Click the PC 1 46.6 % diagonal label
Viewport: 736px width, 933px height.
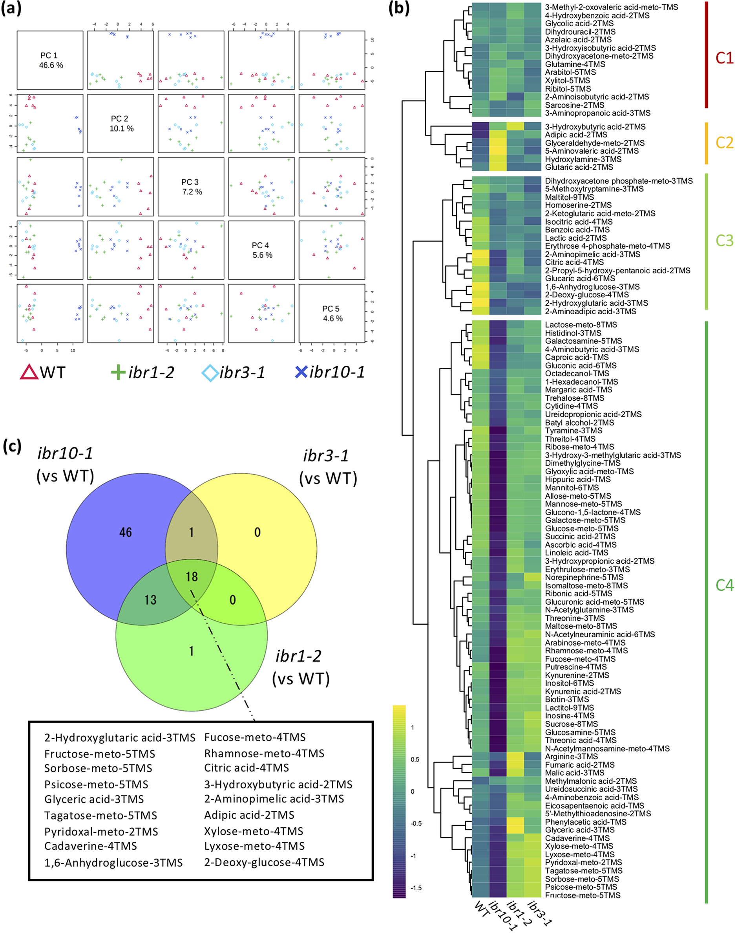50,60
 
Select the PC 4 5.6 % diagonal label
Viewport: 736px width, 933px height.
262,250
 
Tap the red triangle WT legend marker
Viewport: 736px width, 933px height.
29,372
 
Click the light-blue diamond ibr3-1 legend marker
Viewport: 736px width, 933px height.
210,373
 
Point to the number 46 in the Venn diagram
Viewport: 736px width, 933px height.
125,532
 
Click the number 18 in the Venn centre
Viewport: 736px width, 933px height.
191,576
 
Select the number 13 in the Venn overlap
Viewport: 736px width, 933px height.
150,600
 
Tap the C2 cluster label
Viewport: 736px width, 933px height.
724,143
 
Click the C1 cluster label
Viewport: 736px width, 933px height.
724,58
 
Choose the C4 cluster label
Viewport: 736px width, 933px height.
724,585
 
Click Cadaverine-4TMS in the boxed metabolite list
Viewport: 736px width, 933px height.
91,846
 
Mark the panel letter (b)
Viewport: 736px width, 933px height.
398,8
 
